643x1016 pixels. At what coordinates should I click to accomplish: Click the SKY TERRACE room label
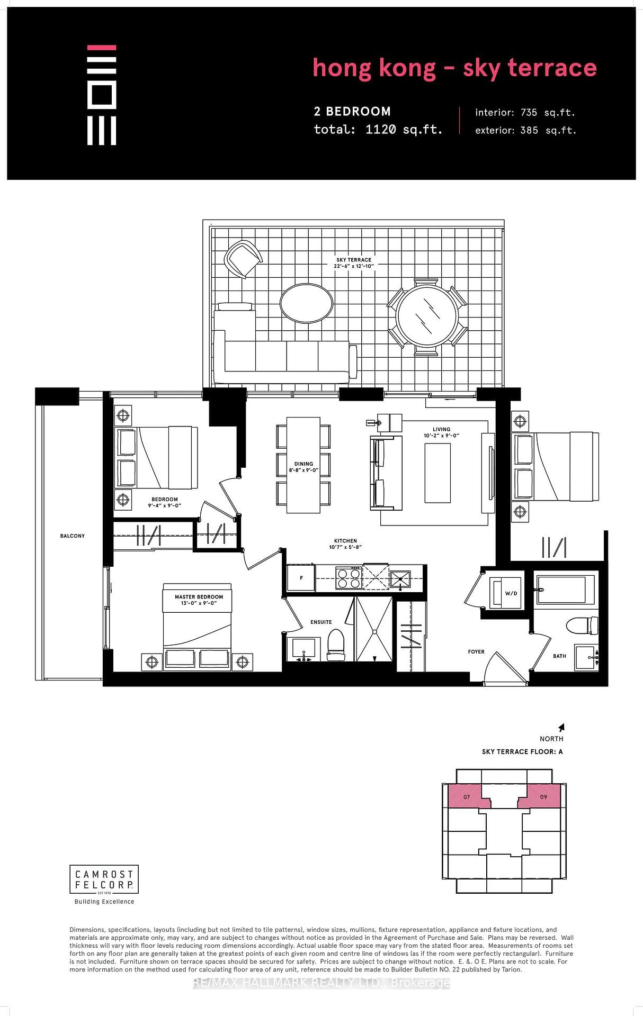tap(354, 260)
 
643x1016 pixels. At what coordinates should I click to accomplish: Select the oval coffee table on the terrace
tap(307, 303)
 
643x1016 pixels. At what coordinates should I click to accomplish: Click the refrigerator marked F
tap(301, 578)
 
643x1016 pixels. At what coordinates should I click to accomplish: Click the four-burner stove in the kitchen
tap(349, 578)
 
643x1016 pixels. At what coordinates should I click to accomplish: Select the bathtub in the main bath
tap(565, 589)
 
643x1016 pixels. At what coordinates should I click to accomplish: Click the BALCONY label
tap(73, 536)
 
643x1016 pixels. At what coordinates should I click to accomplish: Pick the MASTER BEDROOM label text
tap(199, 597)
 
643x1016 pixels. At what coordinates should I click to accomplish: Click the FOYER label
tap(476, 652)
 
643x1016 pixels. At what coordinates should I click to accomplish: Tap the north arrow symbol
tap(561, 728)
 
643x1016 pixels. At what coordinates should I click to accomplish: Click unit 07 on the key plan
tap(466, 796)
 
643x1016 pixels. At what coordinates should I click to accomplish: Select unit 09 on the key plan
tap(542, 796)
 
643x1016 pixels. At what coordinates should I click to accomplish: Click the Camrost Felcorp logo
tap(104, 879)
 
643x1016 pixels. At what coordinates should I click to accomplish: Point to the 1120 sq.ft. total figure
tap(404, 130)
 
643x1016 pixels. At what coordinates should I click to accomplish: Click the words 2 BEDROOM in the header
tap(352, 112)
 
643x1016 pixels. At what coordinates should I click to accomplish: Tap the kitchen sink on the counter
tap(400, 578)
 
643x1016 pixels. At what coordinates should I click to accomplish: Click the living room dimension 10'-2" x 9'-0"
tap(441, 436)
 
